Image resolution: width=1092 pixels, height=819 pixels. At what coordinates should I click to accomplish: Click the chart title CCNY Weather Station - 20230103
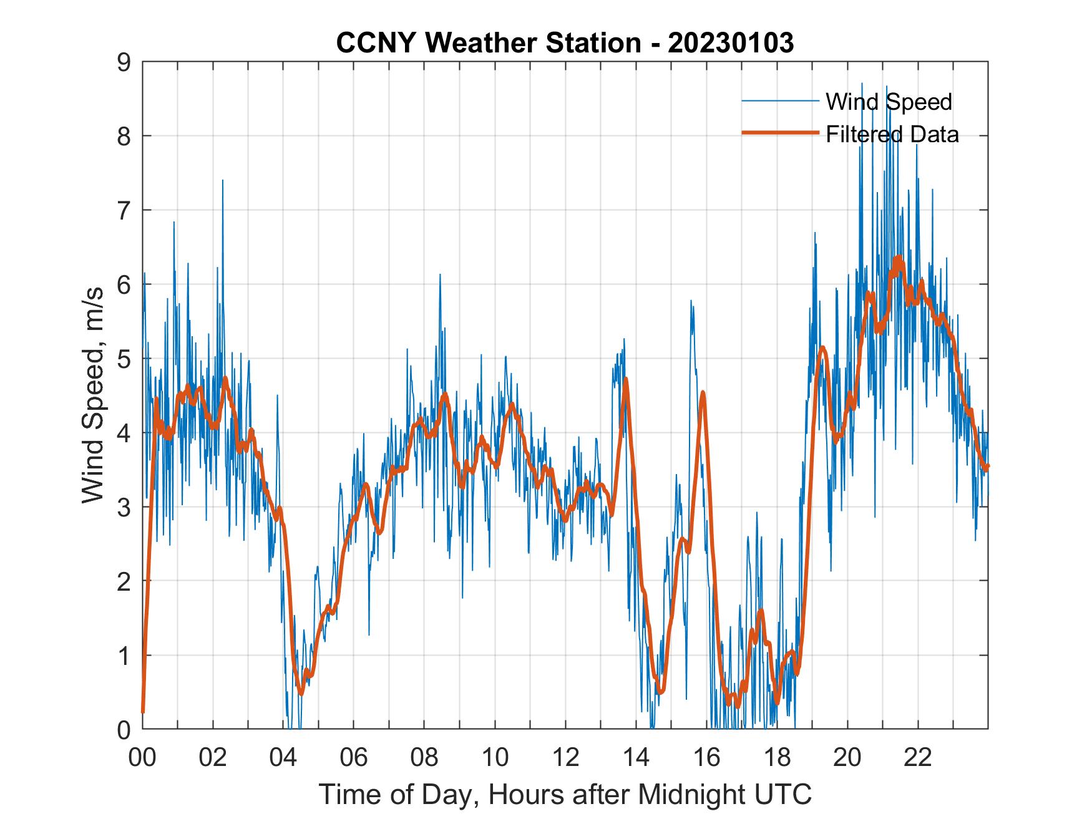coord(565,43)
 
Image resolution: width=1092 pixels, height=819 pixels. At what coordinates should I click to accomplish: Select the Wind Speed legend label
coord(889,102)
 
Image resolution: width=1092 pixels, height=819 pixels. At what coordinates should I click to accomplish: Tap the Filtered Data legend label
coord(892,134)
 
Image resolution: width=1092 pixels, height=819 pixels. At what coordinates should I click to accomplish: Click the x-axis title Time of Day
coord(565,795)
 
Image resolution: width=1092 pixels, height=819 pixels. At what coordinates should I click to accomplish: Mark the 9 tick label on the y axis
coord(124,62)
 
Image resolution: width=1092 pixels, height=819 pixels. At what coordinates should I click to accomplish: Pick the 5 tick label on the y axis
coord(124,359)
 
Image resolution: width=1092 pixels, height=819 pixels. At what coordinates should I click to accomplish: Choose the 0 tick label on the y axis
coord(124,729)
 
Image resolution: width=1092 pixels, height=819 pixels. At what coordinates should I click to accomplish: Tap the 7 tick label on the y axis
coord(124,210)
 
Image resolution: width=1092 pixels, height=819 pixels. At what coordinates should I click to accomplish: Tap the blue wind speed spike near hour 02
coord(223,182)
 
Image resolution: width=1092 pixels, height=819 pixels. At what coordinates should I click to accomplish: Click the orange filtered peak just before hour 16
coord(703,393)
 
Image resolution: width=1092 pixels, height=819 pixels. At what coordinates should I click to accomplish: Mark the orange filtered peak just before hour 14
coord(625,379)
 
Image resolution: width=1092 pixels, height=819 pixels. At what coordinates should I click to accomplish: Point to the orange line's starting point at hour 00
coord(143,711)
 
